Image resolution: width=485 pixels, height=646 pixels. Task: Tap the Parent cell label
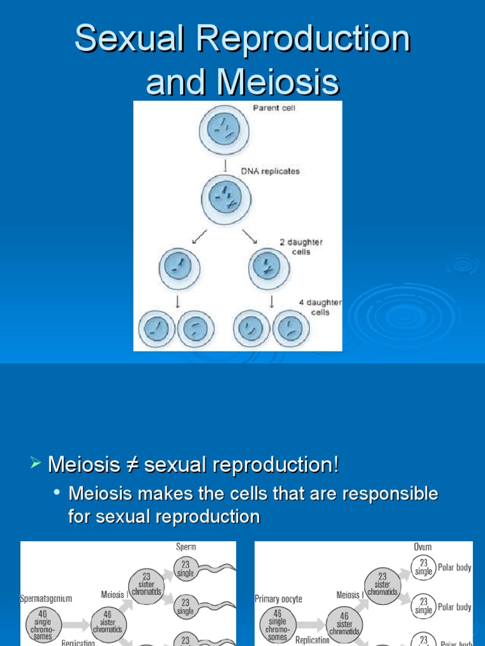pos(274,108)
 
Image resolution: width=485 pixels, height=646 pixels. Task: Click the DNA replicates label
pos(270,171)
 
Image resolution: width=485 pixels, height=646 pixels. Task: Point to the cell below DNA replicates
pos(226,200)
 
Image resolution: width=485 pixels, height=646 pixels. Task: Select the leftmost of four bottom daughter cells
pos(157,329)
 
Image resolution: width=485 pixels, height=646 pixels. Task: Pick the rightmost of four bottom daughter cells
pos(291,329)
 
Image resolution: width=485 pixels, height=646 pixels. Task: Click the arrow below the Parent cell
pos(225,166)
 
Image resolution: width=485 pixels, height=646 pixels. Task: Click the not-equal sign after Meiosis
pos(132,466)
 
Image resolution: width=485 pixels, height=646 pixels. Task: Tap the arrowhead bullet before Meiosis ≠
pos(35,465)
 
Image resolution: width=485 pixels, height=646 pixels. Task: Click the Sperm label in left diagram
pos(186,547)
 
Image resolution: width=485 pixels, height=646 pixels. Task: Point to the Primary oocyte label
pos(278,599)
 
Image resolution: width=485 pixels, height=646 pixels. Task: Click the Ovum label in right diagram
pos(422,547)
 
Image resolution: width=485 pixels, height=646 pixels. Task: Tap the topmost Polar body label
pos(455,567)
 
